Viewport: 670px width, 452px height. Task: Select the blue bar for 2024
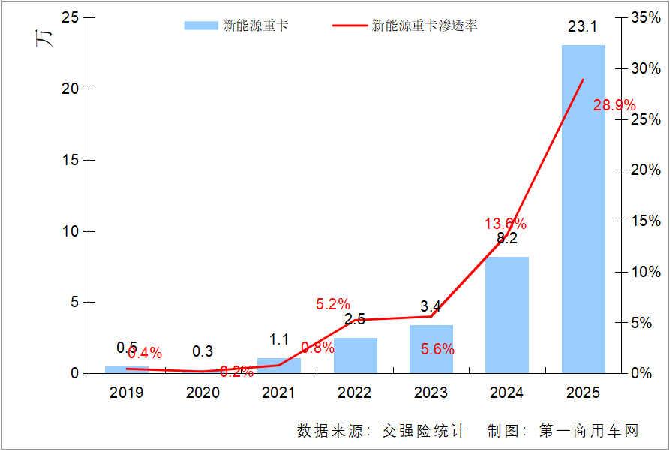tap(507, 315)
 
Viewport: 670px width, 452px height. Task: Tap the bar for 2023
tap(431, 348)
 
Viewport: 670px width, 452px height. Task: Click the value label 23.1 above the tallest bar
tap(582, 27)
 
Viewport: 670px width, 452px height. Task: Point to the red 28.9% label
tap(614, 105)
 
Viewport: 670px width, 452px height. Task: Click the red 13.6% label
tap(505, 224)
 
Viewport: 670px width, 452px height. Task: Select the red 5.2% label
tap(332, 304)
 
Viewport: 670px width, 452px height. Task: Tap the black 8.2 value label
tap(507, 239)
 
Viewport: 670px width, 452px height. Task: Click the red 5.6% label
tap(437, 349)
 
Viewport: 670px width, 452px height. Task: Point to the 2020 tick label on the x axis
tap(203, 393)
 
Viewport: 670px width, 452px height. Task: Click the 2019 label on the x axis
tap(127, 393)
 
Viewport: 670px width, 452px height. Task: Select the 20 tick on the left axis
tap(69, 89)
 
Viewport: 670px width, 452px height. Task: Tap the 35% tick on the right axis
tap(645, 17)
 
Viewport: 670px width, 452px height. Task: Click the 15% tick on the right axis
tap(645, 221)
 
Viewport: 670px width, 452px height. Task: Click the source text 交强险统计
tap(424, 431)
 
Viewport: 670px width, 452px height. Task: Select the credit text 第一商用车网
tap(588, 431)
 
